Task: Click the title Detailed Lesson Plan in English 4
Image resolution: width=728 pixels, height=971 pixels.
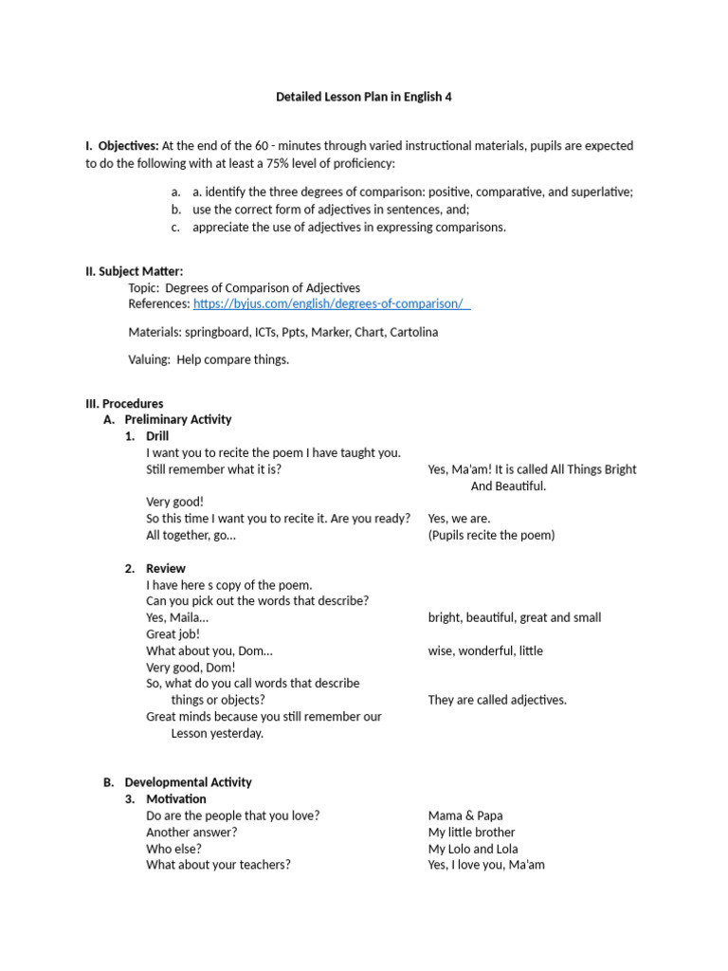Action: pos(364,97)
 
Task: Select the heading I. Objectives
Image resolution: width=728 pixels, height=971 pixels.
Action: pos(122,146)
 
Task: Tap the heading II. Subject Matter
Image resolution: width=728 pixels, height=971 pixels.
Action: pos(134,271)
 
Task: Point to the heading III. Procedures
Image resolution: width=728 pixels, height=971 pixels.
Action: pos(124,403)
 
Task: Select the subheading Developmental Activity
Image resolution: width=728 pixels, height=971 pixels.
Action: pos(188,782)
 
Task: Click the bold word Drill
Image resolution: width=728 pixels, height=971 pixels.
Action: pos(157,436)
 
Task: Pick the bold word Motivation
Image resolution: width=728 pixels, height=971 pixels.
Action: pos(175,798)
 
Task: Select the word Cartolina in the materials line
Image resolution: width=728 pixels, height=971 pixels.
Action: pos(413,332)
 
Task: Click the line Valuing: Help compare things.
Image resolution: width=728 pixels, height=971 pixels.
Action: pos(209,359)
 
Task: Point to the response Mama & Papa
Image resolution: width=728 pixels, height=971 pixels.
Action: pos(465,815)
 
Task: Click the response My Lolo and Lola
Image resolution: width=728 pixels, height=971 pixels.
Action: pos(473,849)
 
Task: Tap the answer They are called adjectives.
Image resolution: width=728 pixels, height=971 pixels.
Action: pos(497,700)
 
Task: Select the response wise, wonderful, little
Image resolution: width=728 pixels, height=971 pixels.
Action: pos(485,650)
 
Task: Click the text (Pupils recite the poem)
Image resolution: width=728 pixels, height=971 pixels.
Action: pos(491,535)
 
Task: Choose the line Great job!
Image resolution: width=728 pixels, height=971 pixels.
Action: pos(173,633)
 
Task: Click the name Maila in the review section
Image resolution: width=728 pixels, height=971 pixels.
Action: pos(186,617)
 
